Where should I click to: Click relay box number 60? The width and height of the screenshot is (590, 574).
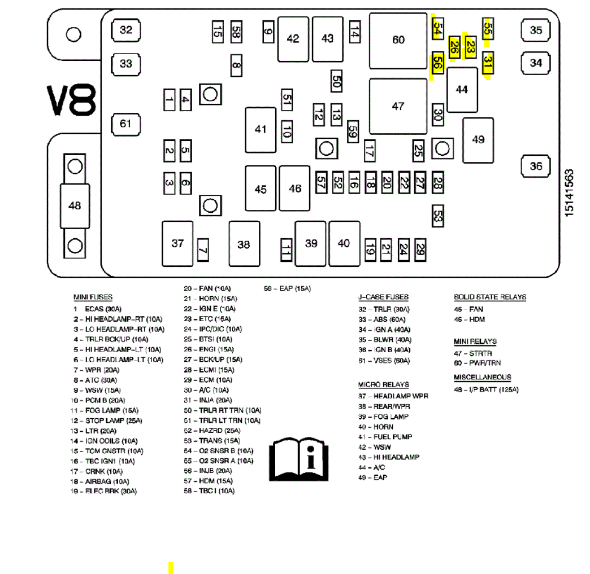pos(398,41)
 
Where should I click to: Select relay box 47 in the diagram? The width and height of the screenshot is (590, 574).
pos(398,106)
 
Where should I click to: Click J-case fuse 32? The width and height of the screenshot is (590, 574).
pos(126,30)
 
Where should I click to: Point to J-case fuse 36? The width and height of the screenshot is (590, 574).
pos(536,166)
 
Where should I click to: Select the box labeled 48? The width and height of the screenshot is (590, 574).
pos(75,206)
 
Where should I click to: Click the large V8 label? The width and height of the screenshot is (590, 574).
pos(71,100)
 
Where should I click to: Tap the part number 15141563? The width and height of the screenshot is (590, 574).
pos(570,192)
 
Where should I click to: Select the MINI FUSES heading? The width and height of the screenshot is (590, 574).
pos(93,297)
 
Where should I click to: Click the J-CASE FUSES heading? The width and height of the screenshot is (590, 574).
pos(383,297)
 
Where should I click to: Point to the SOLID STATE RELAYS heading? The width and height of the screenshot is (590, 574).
pos(490,297)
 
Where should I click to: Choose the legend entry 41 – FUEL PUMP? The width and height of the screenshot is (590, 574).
pos(385,437)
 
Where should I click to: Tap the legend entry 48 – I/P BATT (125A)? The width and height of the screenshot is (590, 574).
pos(487,390)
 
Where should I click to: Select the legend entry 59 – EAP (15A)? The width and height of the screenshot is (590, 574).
pos(288,289)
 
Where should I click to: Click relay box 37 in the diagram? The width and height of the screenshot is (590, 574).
pos(178,244)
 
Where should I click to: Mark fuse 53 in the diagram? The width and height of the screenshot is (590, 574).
pos(437,215)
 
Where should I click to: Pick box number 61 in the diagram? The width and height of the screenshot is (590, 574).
pos(125,124)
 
